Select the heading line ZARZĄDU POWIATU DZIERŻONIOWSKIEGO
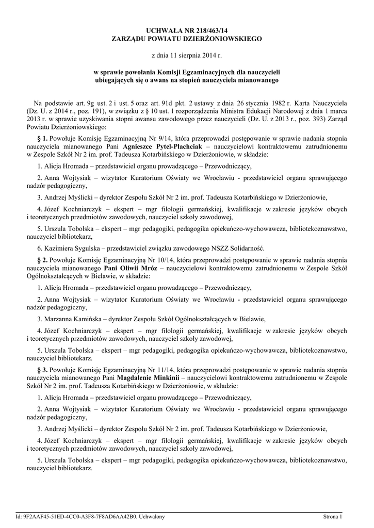tap(187, 39)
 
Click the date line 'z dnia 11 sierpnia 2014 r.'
tap(187, 55)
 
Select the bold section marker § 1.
tap(42, 139)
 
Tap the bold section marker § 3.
tap(42, 371)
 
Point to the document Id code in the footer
tap(75, 516)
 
